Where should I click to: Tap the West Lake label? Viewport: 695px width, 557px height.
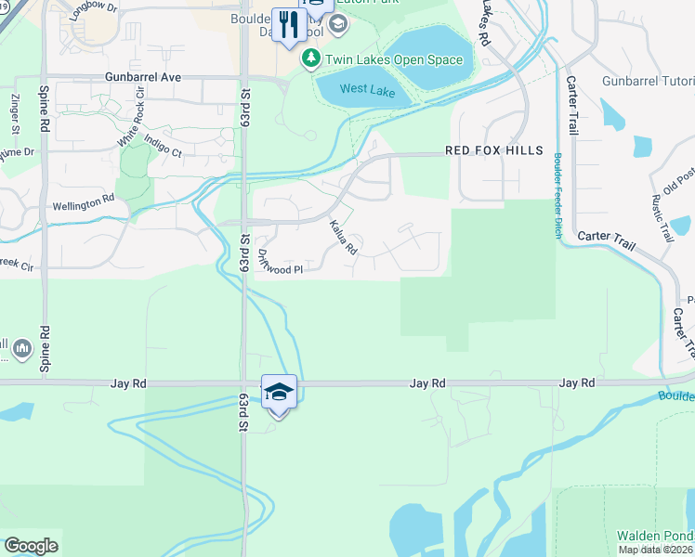[366, 91]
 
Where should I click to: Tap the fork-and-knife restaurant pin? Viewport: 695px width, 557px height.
[288, 25]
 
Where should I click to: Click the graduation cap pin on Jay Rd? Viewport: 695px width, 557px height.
[279, 392]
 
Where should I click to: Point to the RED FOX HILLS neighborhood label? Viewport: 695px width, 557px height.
[493, 149]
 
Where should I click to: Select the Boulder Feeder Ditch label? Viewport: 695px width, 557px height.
[558, 196]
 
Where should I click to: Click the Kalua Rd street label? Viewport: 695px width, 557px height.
[343, 237]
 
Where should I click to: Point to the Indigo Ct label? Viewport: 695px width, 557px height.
[163, 146]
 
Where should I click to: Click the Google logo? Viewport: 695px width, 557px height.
[31, 546]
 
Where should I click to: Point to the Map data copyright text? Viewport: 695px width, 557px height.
[656, 551]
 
